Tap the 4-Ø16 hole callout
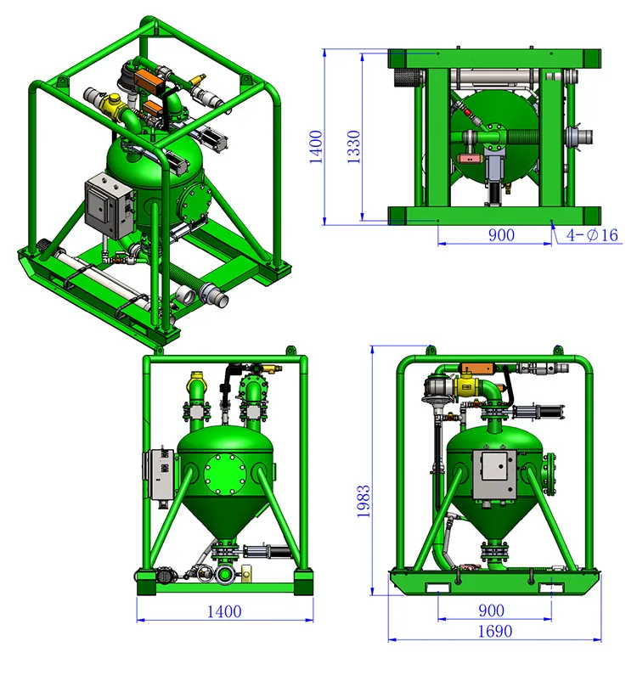tap(586, 235)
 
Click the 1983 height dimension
tap(364, 504)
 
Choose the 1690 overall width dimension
tap(494, 631)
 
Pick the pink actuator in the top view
tap(467, 158)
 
